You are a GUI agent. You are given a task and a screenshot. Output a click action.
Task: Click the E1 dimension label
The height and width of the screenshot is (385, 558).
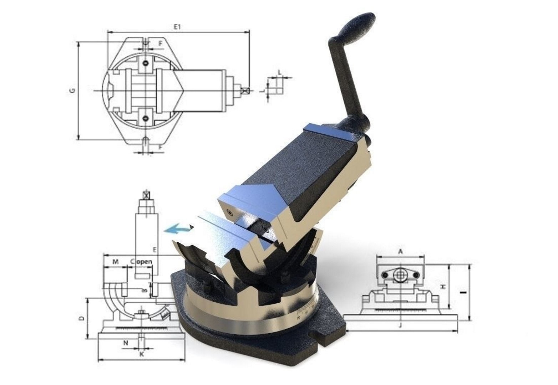coord(177,26)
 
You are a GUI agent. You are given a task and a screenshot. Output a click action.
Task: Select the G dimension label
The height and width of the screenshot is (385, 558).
coord(72,91)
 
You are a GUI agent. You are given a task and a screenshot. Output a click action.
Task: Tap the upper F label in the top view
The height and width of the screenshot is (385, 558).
coord(161,43)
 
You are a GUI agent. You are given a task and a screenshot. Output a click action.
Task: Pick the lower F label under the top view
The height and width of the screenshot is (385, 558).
coord(161,147)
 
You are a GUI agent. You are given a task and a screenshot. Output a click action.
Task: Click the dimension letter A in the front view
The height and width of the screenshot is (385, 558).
coord(400,252)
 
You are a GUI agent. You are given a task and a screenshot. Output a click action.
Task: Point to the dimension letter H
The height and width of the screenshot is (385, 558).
coord(443,287)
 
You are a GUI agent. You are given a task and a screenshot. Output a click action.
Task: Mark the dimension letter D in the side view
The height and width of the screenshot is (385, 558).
coord(81,318)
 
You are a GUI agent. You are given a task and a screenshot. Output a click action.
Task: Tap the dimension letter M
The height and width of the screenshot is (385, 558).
coord(115,262)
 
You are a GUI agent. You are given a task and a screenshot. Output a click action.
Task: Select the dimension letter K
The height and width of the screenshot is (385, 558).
coord(141,355)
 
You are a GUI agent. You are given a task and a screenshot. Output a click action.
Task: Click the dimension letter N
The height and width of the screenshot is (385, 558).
coord(126,343)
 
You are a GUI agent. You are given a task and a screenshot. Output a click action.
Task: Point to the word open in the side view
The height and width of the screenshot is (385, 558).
coord(144,262)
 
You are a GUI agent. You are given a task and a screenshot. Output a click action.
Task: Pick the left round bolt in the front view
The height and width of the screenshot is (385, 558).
coord(385,275)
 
